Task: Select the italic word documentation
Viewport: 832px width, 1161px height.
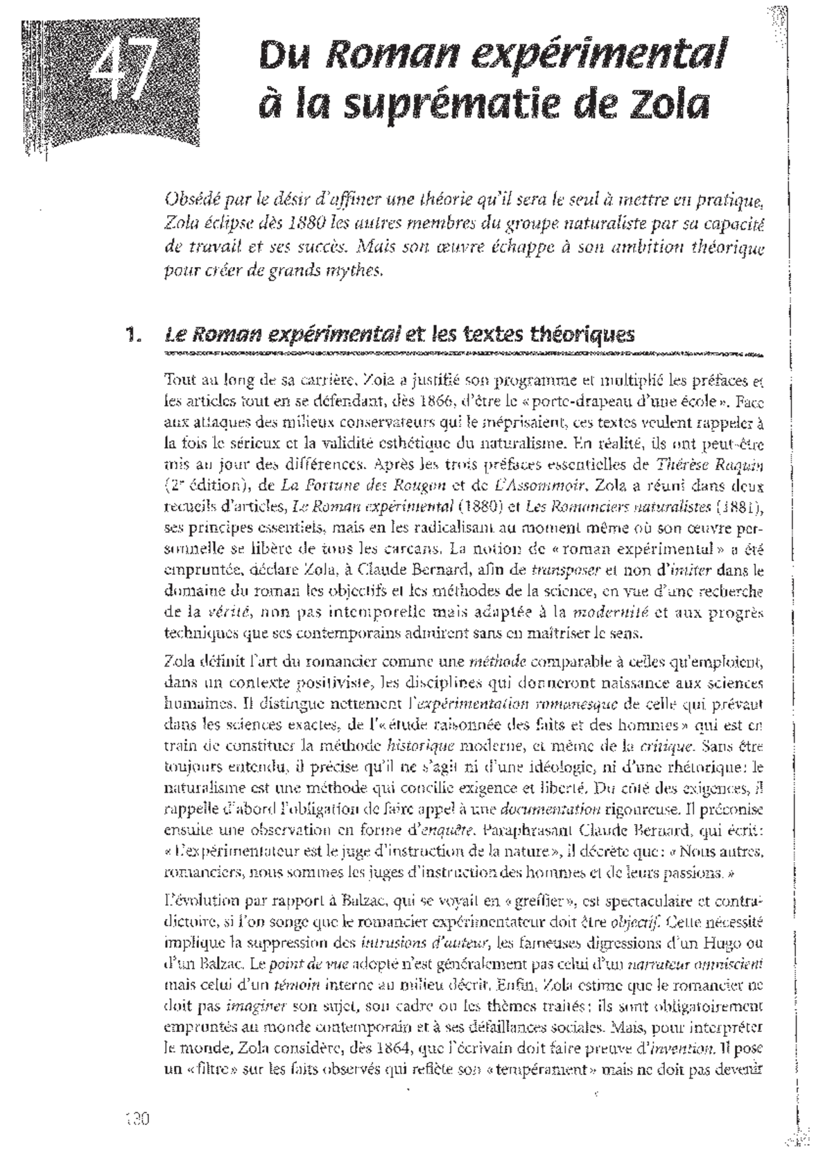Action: tap(550, 808)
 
